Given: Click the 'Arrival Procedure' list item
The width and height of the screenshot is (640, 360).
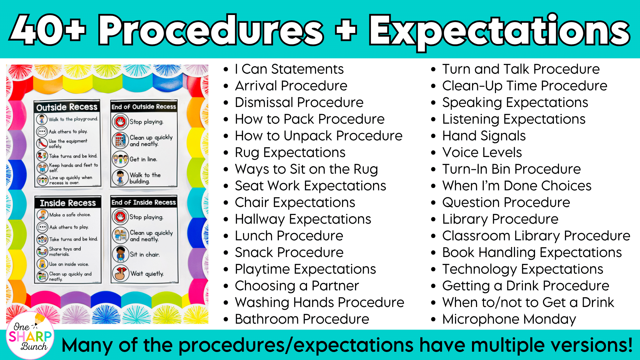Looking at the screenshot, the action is [x=291, y=86].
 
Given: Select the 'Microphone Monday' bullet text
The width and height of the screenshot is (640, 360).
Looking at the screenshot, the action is [x=509, y=319].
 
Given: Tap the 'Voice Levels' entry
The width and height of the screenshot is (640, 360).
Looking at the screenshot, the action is [x=482, y=152].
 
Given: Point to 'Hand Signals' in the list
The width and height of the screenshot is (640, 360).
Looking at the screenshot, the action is [x=484, y=136].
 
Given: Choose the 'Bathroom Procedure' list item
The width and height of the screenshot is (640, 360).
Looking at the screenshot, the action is [x=302, y=319].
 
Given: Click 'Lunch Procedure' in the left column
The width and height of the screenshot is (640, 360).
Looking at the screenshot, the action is [x=289, y=236].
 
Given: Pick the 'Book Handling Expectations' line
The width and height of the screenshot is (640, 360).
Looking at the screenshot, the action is [x=532, y=253].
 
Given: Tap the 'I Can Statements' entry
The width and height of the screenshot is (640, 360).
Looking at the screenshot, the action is [x=289, y=69].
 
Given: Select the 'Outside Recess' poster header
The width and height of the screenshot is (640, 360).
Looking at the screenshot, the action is [x=67, y=107].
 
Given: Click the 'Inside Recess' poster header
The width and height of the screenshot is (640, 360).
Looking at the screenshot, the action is [x=68, y=203].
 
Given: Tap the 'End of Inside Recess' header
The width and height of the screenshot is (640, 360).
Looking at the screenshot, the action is [x=144, y=202].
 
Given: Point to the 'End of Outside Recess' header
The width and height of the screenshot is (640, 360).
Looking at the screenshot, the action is [x=144, y=107].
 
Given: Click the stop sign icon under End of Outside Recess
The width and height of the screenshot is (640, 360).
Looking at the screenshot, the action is [x=120, y=122].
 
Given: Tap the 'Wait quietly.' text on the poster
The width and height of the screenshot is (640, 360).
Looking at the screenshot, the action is [x=147, y=274].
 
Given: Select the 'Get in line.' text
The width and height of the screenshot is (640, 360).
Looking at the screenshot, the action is [x=143, y=159].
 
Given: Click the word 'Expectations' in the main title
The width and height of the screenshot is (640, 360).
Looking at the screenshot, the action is [x=499, y=31].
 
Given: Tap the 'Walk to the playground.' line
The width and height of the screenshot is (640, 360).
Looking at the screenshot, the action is [x=73, y=119].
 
